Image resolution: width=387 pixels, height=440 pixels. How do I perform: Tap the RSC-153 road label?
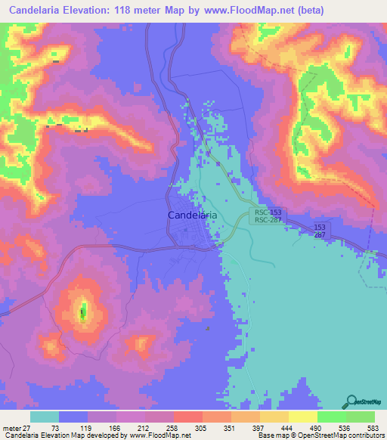point(268,212)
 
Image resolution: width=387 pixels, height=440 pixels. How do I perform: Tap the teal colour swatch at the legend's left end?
point(45,417)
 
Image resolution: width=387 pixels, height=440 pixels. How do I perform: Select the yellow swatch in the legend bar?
point(302,417)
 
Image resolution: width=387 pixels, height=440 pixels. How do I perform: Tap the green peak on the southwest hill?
point(83,310)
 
